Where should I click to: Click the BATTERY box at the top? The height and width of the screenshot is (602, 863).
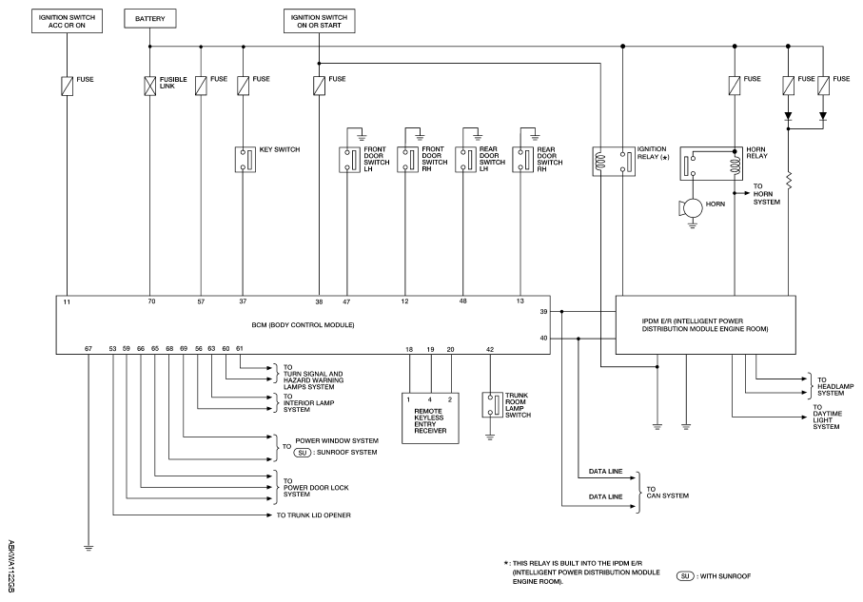(x=149, y=18)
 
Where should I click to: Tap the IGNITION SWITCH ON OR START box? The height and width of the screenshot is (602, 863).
(x=319, y=18)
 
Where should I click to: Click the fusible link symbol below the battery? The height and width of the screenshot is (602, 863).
(x=149, y=85)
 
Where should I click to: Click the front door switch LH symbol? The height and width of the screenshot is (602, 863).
(x=345, y=158)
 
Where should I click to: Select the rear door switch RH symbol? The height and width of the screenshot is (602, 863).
(x=520, y=158)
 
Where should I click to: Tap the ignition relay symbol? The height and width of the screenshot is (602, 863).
(x=613, y=159)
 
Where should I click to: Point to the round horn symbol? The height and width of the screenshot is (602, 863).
(x=692, y=207)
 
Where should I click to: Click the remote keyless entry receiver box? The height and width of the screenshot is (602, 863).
(x=430, y=415)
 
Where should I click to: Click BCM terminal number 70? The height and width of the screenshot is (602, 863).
(x=150, y=301)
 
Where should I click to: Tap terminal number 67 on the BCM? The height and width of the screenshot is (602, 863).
(x=88, y=349)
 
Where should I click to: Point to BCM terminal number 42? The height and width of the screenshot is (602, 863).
(x=489, y=350)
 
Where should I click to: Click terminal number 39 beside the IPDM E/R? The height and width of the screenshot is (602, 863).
(x=543, y=311)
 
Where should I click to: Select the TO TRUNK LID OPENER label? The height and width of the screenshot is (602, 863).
(x=315, y=514)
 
